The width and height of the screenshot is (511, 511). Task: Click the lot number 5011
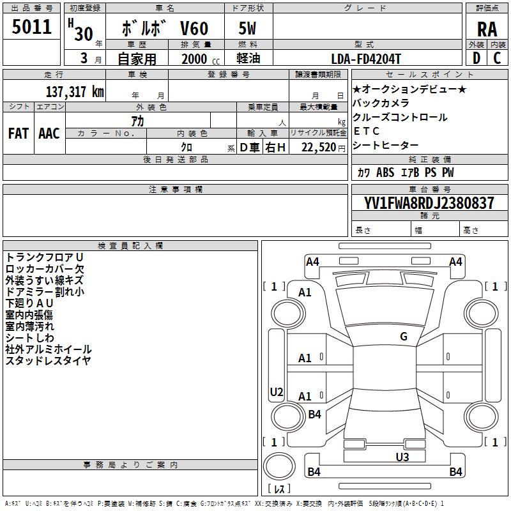(x=31, y=27)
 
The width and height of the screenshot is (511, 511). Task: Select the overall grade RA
(x=487, y=29)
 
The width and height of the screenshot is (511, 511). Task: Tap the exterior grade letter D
(x=477, y=58)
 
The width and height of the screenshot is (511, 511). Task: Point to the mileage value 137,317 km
(x=75, y=91)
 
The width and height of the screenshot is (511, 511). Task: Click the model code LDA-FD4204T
(x=366, y=59)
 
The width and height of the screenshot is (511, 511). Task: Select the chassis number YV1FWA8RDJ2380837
(x=429, y=202)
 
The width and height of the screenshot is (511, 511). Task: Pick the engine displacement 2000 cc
(x=201, y=59)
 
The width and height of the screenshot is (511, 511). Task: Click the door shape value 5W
(x=247, y=28)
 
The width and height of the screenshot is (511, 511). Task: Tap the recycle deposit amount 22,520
(x=319, y=148)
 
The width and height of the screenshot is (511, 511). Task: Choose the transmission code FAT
(x=19, y=133)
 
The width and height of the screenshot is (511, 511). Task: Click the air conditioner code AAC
(x=49, y=133)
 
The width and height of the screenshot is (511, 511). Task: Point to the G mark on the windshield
(x=404, y=336)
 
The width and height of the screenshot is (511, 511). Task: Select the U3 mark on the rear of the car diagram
(x=402, y=457)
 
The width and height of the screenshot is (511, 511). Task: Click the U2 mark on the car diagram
(x=277, y=392)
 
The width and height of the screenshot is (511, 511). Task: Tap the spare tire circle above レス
(x=279, y=466)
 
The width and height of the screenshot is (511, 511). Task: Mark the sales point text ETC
(x=366, y=131)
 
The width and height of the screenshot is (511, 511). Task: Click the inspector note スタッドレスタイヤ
(x=49, y=361)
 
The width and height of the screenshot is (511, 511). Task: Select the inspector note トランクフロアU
(x=45, y=257)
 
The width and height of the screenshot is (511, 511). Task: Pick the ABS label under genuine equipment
(x=385, y=172)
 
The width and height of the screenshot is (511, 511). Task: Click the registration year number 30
(x=84, y=34)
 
